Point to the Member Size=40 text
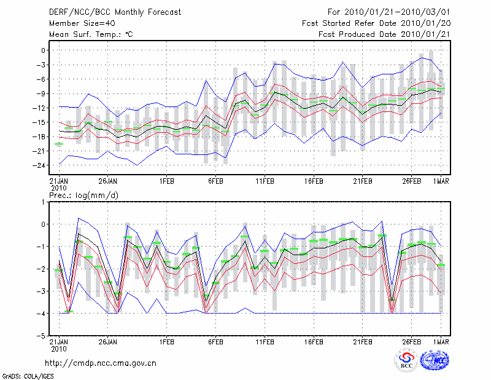coord(78,23)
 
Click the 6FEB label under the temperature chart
coord(215,181)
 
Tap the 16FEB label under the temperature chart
coord(314,181)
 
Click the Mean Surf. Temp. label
coord(91,34)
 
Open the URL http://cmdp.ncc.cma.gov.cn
coord(101,363)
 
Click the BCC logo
coord(406,360)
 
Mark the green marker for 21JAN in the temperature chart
coord(59,144)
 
